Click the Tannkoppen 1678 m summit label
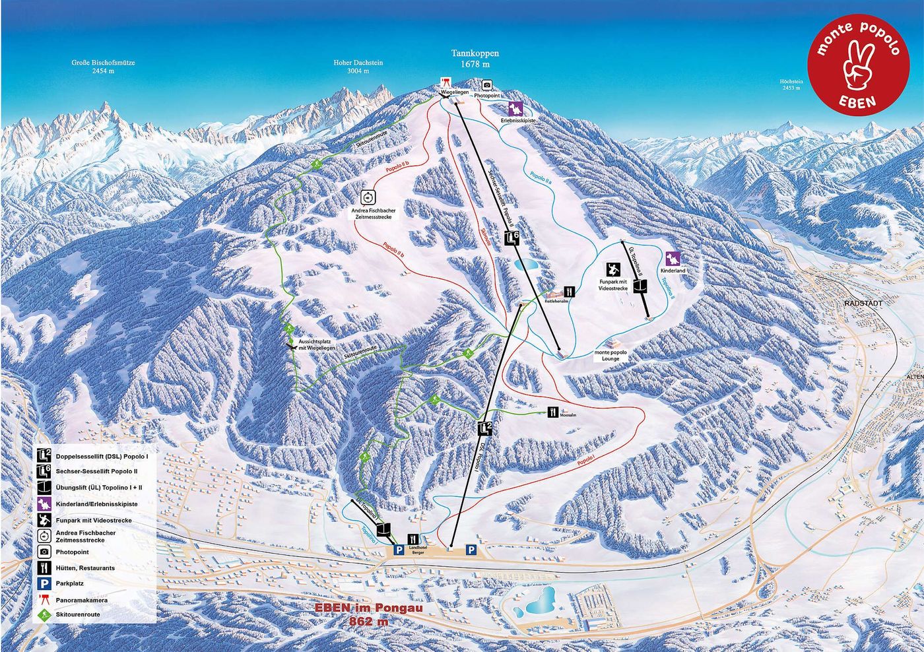(x=475, y=59)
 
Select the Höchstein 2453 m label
(x=791, y=84)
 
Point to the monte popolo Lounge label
(x=610, y=356)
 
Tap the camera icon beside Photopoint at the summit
(x=487, y=85)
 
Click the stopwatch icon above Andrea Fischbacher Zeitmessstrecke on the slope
(x=368, y=197)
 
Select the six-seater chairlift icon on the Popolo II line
(x=510, y=238)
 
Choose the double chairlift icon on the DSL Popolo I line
(x=485, y=428)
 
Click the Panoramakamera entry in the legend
(x=82, y=600)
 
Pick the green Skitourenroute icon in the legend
(x=44, y=616)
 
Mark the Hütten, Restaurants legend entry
(x=85, y=568)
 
